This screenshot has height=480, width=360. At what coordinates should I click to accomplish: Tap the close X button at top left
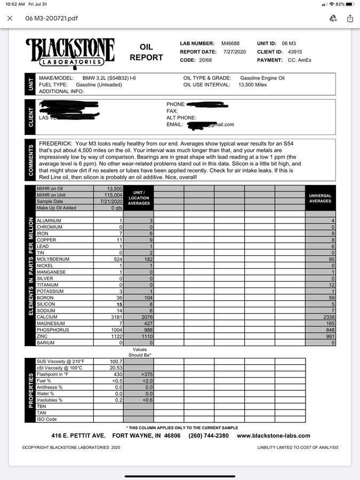click(x=10, y=18)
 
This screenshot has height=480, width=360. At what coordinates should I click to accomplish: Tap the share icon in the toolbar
click(x=350, y=18)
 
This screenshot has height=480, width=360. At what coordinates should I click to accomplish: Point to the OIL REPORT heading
click(x=146, y=52)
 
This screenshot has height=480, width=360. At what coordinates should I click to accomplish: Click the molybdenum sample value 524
click(x=116, y=259)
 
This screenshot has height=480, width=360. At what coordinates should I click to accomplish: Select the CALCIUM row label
click(x=47, y=317)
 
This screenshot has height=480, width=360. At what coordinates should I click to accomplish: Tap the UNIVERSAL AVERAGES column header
click(x=320, y=198)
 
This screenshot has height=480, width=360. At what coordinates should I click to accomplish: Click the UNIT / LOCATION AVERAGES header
click(x=139, y=198)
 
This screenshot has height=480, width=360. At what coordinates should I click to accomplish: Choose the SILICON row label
click(x=46, y=304)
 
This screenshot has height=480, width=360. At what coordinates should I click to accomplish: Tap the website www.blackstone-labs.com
click(x=273, y=436)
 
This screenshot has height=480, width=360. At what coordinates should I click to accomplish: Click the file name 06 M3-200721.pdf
click(x=52, y=18)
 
